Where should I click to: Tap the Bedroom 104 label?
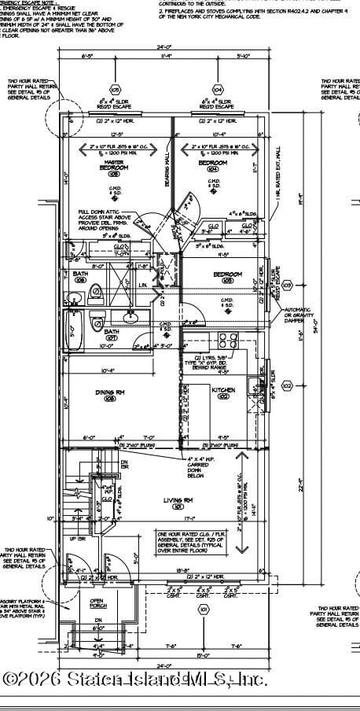[x=212, y=165]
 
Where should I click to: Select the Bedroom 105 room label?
[x=228, y=275]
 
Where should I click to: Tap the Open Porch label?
[x=97, y=603]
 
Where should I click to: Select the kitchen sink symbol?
[x=253, y=385]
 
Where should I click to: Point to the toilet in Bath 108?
[x=95, y=293]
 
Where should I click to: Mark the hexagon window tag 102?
[x=287, y=385]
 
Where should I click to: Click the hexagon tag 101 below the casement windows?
[x=204, y=609]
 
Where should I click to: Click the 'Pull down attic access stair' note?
[x=105, y=221]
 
